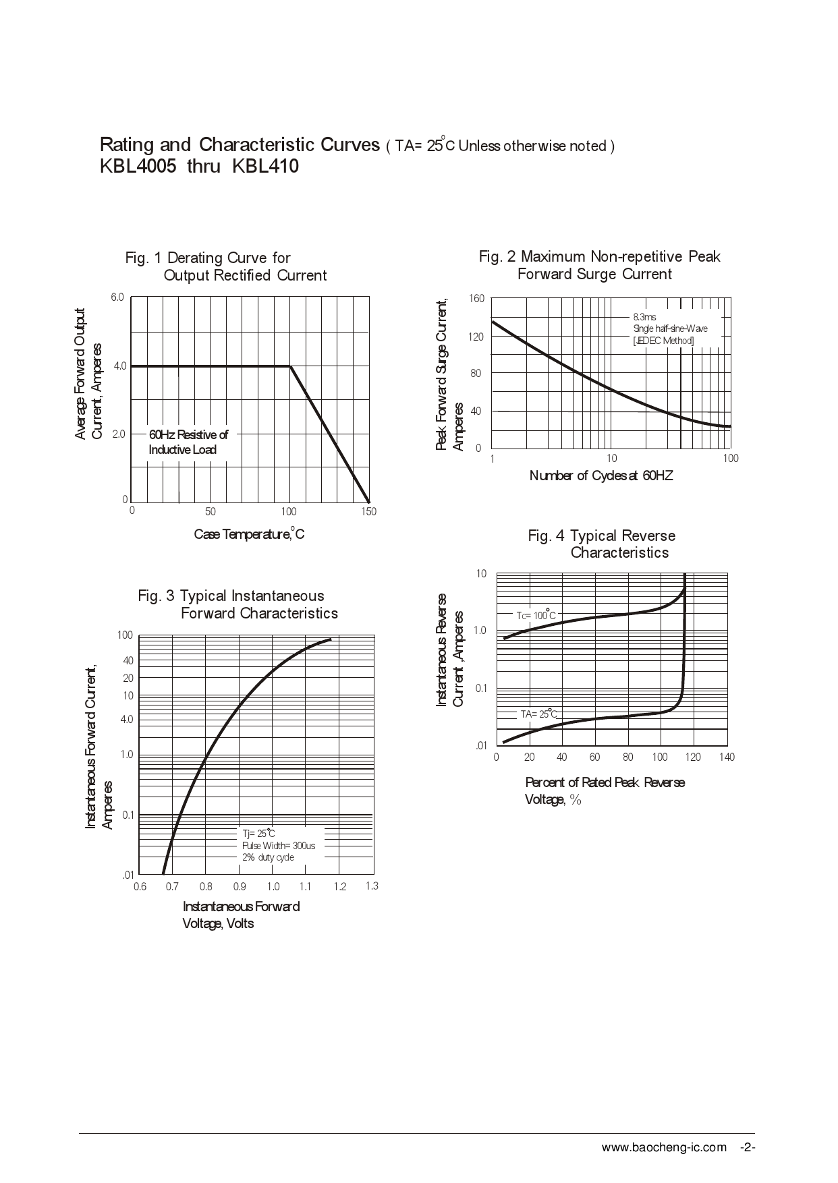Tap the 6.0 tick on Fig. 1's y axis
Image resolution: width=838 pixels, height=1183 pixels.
coord(117,297)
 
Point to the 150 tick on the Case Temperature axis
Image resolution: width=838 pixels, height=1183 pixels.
coord(368,512)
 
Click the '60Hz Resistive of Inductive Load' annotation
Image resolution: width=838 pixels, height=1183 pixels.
coord(188,442)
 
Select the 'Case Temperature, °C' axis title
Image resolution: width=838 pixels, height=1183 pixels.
coord(249,534)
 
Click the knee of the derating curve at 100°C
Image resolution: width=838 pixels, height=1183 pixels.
coord(291,366)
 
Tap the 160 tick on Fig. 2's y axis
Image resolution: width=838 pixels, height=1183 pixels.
coord(476,298)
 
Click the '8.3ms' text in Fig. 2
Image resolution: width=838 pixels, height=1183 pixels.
coord(644,316)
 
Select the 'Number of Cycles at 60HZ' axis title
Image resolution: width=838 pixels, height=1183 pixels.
coord(601,475)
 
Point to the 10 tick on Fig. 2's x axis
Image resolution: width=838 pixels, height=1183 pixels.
coord(611,459)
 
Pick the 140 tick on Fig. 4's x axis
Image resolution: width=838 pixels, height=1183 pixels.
coord(727,757)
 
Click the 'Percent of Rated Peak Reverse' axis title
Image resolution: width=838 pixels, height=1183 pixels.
coord(605,782)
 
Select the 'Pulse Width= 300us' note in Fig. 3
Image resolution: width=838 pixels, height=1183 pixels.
coord(279,845)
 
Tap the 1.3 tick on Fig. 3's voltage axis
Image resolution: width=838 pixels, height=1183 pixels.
coord(372,886)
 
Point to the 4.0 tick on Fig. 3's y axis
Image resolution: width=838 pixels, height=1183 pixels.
coord(127,719)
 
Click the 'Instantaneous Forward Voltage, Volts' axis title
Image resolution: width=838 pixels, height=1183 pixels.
coord(241,915)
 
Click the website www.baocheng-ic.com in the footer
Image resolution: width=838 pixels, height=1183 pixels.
coord(664,1147)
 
